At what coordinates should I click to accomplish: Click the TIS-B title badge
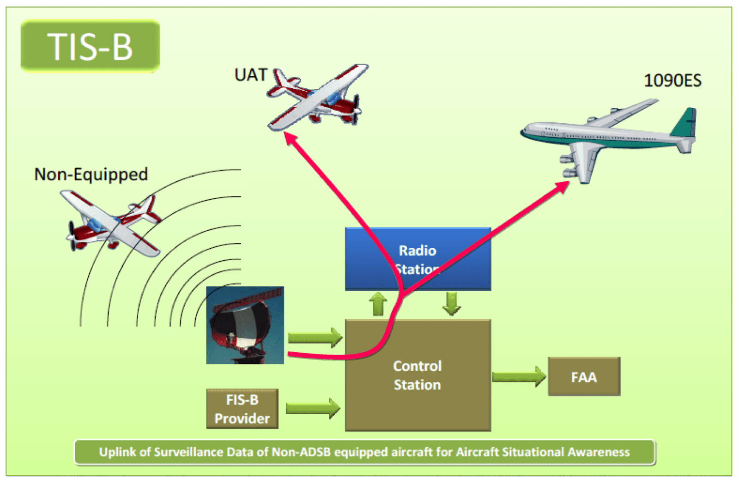pos(90,46)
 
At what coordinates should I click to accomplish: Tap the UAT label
pos(250,74)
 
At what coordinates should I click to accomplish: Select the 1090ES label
pos(672,80)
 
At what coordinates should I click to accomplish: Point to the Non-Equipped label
pos(91,174)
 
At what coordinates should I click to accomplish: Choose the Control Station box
pos(418,375)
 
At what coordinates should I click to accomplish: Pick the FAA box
pos(584,377)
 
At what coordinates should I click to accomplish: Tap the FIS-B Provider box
pos(242,409)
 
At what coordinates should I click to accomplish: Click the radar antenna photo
pos(245,325)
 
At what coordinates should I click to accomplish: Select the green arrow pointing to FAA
pos(519,376)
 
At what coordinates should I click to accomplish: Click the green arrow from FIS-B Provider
pos(313,408)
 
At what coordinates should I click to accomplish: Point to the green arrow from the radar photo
pos(315,338)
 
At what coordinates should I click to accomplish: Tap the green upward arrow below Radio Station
pos(378,304)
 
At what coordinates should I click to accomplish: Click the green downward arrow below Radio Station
pos(451,303)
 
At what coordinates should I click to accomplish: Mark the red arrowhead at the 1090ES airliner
pos(563,186)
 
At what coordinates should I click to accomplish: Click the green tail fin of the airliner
pos(686,123)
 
